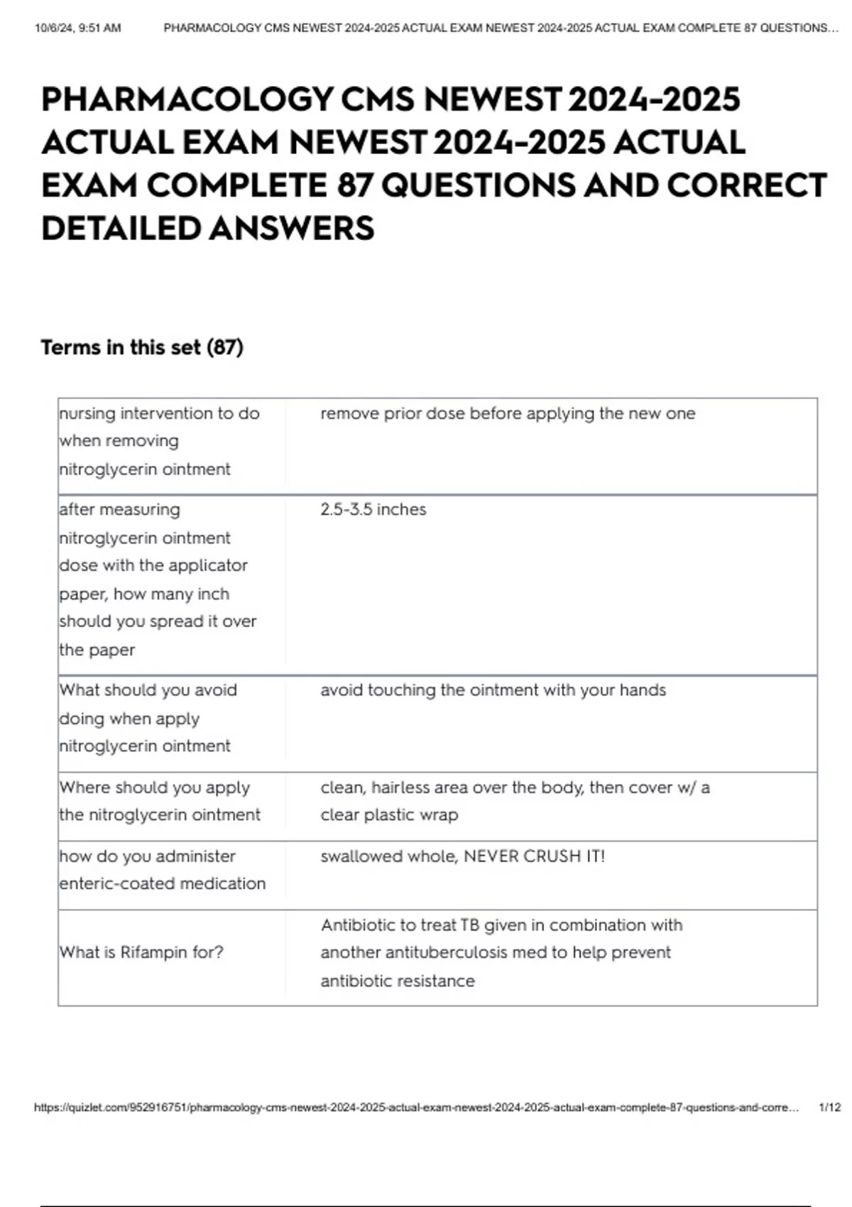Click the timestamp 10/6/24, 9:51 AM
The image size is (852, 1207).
click(77, 28)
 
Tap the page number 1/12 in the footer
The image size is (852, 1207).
click(829, 1107)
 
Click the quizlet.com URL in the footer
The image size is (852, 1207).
click(416, 1107)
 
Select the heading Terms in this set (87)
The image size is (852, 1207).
click(142, 347)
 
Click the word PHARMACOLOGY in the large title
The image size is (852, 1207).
click(187, 99)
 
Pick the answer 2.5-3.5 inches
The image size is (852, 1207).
click(373, 510)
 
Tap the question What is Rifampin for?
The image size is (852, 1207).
click(141, 952)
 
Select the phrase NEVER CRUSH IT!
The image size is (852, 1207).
click(534, 856)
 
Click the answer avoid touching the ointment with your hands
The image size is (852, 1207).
click(493, 690)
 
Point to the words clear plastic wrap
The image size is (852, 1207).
click(389, 814)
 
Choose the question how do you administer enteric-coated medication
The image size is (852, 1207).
click(162, 870)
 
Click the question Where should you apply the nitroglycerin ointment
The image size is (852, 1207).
click(160, 801)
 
